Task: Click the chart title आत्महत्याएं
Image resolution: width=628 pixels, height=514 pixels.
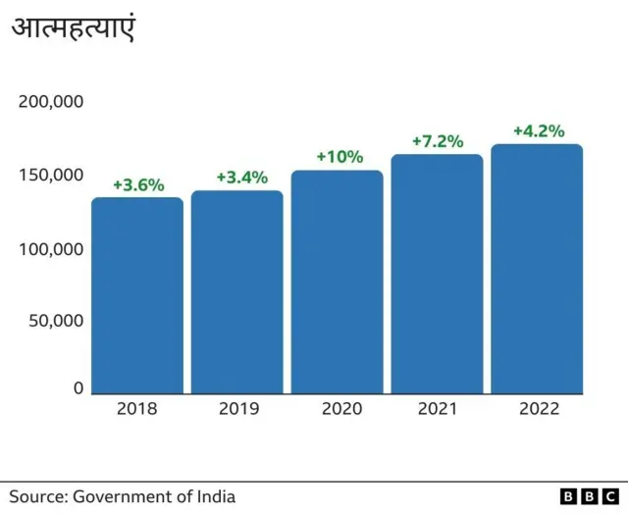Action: click(73, 28)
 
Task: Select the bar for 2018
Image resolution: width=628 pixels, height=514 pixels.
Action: click(137, 294)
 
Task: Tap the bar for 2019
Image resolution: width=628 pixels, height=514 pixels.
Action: click(236, 291)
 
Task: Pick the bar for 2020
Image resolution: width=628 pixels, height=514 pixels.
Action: click(337, 282)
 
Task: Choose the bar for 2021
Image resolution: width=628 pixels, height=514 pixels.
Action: click(437, 274)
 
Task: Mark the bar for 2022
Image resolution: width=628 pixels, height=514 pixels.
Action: click(537, 269)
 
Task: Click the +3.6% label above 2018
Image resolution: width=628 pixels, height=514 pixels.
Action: click(138, 184)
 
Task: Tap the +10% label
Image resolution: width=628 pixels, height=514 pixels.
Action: click(340, 157)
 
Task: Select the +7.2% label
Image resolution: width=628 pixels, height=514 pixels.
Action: click(437, 141)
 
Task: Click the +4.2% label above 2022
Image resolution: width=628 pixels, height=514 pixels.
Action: click(539, 131)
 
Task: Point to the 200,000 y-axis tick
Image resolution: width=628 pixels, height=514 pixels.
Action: click(51, 102)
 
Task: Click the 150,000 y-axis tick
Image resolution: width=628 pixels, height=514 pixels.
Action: click(51, 175)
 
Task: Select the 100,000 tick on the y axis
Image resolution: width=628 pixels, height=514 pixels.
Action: click(51, 248)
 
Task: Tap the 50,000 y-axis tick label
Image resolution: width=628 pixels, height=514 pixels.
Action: click(55, 321)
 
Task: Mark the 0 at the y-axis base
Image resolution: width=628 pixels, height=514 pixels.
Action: click(78, 388)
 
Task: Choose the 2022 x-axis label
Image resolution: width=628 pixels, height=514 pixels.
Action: click(539, 409)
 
